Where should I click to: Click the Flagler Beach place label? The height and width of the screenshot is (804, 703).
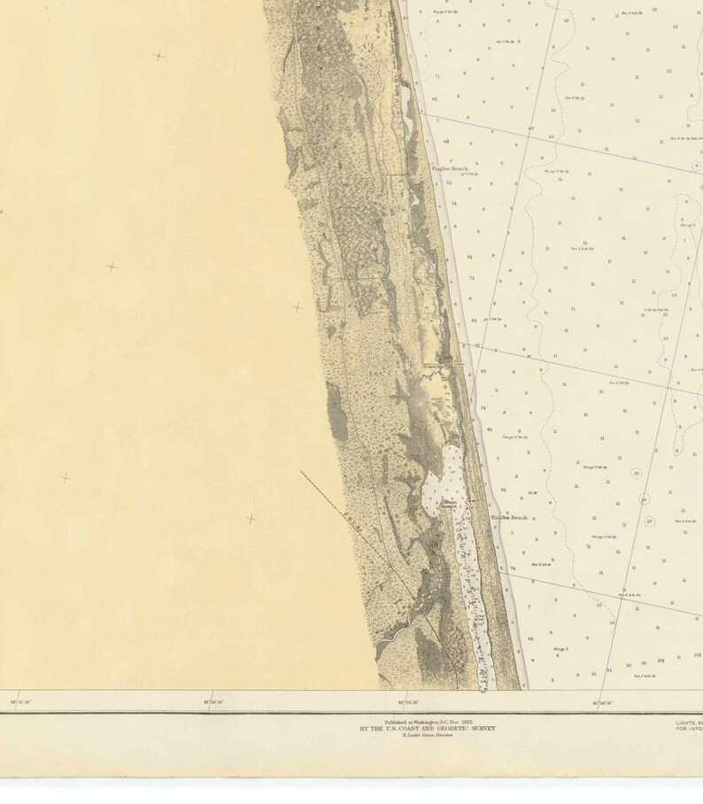[449, 167]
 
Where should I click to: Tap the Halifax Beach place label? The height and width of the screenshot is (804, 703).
[509, 516]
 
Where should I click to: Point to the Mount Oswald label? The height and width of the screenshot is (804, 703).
[450, 504]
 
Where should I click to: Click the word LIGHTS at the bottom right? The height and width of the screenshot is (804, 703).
[685, 722]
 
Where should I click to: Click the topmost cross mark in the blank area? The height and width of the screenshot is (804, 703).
[158, 56]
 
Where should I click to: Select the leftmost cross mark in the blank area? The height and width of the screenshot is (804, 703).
[65, 478]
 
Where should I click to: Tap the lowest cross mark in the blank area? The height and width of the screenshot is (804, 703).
[251, 519]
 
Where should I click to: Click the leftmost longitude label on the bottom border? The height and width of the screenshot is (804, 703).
[20, 702]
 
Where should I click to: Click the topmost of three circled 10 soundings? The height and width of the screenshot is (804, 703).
[636, 473]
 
